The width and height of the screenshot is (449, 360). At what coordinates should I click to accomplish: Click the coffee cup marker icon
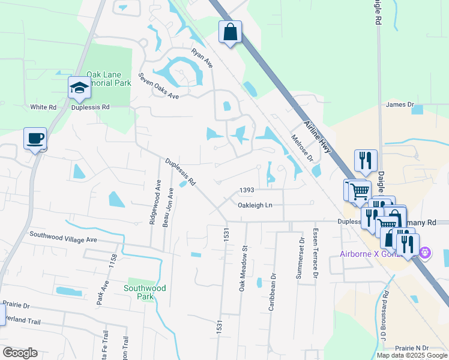click(x=35, y=139)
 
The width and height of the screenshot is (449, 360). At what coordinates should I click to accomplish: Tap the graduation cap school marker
click(x=79, y=88)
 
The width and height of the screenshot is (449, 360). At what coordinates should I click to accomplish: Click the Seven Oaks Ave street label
click(x=158, y=86)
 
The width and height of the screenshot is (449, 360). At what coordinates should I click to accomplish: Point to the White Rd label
click(x=43, y=107)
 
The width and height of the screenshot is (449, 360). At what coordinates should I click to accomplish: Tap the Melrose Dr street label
click(x=303, y=148)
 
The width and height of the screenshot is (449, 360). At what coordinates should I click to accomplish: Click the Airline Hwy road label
click(x=317, y=137)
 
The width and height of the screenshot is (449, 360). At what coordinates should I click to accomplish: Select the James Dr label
click(x=400, y=105)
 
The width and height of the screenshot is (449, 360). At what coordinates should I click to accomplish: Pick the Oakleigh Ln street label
click(x=255, y=205)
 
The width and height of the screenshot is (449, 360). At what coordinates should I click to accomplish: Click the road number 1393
click(x=247, y=190)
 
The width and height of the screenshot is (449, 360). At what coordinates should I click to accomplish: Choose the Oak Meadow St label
click(x=244, y=268)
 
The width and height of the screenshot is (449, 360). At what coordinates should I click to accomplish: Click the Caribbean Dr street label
click(x=271, y=277)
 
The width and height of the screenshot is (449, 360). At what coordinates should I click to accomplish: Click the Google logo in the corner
click(x=20, y=353)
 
